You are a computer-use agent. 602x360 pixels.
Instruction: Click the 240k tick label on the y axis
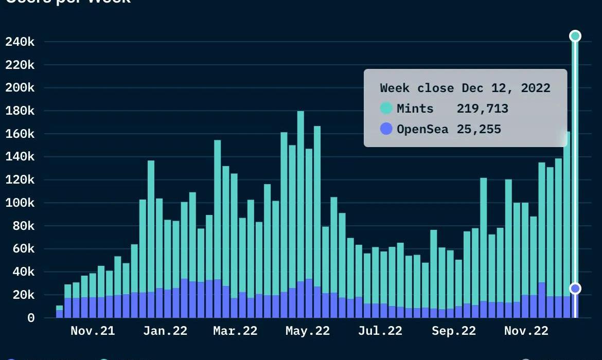[x=20, y=42]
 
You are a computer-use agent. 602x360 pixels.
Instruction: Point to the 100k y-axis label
[x=20, y=203]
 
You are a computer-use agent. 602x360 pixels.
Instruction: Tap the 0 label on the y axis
[x=31, y=318]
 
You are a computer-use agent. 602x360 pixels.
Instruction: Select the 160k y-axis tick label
[x=20, y=134]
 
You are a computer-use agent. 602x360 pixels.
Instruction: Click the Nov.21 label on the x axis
[x=93, y=331]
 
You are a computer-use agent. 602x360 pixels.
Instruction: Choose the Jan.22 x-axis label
[x=165, y=331]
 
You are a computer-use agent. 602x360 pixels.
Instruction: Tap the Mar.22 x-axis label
[x=235, y=331]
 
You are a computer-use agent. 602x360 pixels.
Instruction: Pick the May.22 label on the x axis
[x=308, y=331]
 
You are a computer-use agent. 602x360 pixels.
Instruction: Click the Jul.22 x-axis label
[x=380, y=331]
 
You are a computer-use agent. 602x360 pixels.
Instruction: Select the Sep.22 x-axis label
[x=454, y=331]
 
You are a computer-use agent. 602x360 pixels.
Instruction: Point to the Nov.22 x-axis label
[x=526, y=331]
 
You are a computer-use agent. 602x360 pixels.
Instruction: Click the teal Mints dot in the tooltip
[x=386, y=109]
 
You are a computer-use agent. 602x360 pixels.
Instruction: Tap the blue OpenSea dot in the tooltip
[x=386, y=129]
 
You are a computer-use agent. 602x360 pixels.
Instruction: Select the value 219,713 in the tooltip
[x=482, y=109]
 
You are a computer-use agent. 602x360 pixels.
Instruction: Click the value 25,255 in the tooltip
[x=479, y=129]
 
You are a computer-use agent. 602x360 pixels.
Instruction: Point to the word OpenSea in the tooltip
[x=422, y=129]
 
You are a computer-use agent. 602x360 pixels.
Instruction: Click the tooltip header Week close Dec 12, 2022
[x=465, y=88]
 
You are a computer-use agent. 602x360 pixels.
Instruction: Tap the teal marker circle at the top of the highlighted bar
[x=575, y=36]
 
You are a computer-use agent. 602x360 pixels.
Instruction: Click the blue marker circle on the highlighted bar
[x=575, y=289]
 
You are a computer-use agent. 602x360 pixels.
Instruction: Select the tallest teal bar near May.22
[x=300, y=195]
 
